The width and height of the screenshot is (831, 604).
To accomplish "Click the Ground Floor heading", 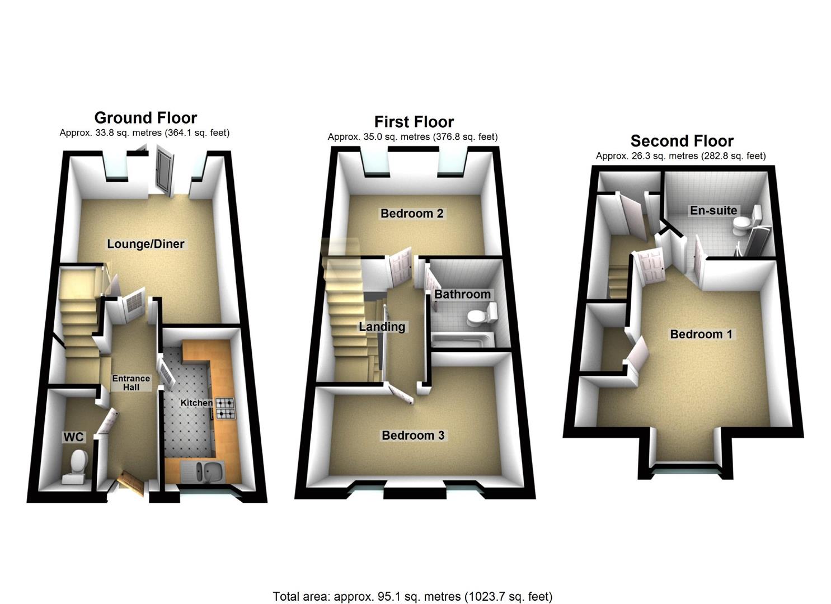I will pyautogui.click(x=145, y=118).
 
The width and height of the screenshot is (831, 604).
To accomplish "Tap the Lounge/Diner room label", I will pyautogui.click(x=145, y=244).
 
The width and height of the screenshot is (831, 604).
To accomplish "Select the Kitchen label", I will pyautogui.click(x=196, y=403).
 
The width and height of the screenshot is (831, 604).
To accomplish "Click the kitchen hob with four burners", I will pyautogui.click(x=225, y=408).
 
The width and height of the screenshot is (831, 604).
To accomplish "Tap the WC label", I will pyautogui.click(x=73, y=437).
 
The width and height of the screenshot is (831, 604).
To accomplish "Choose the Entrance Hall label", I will pyautogui.click(x=131, y=383).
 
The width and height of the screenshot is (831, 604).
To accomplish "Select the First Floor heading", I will pyautogui.click(x=414, y=122).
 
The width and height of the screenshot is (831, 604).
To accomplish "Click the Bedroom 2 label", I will pyautogui.click(x=412, y=214).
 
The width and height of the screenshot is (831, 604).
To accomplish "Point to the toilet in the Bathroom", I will pyautogui.click(x=481, y=315).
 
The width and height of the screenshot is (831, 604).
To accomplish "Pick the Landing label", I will pyautogui.click(x=382, y=327).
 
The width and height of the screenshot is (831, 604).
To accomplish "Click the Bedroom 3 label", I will pyautogui.click(x=413, y=435).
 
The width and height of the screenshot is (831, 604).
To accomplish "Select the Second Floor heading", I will pyautogui.click(x=682, y=141).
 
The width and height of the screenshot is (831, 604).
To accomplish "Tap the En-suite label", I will pyautogui.click(x=713, y=210).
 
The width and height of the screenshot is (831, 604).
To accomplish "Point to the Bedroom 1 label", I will pyautogui.click(x=701, y=334).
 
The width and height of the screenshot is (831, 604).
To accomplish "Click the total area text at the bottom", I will pyautogui.click(x=412, y=596).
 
